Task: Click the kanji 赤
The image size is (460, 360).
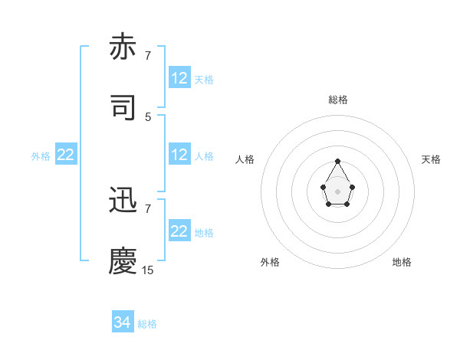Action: (123, 47)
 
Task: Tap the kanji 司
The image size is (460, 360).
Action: (123, 107)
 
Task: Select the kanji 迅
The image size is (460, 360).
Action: (123, 201)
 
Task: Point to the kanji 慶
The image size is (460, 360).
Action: (123, 261)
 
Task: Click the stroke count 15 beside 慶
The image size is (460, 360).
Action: (148, 270)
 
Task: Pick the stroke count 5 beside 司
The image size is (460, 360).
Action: (148, 116)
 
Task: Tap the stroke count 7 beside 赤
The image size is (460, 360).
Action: (148, 56)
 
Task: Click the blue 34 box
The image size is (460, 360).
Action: (123, 323)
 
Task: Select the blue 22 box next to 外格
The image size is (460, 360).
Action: (66, 155)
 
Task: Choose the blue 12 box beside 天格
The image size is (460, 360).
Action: (179, 78)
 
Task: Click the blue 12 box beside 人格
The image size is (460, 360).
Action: (179, 155)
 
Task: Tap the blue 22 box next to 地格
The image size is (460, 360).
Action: (179, 231)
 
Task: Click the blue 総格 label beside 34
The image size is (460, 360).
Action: (147, 324)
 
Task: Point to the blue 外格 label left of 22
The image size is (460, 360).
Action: (41, 155)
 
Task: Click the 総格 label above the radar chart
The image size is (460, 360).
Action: (338, 100)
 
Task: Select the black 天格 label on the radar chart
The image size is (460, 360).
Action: (431, 159)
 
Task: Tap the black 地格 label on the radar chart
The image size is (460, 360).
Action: (402, 262)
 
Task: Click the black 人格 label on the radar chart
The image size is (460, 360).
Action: (245, 159)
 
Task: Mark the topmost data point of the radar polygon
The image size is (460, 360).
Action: (338, 162)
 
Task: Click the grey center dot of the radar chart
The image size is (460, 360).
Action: (338, 191)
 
